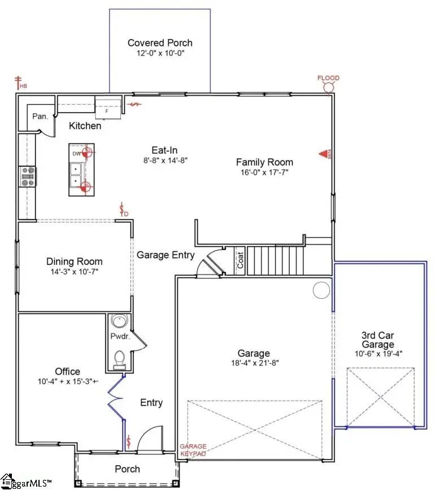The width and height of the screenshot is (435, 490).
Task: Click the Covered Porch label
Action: click(x=160, y=43)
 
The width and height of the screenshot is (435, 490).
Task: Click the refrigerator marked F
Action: click(x=107, y=108)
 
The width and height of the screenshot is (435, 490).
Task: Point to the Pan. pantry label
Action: click(x=39, y=115)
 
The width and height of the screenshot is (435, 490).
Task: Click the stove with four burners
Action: click(x=28, y=177)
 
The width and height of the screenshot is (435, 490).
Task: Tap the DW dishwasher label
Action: click(x=76, y=153)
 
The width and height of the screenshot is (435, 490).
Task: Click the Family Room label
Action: click(x=264, y=162)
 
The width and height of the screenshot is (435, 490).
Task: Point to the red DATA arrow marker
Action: click(x=324, y=153)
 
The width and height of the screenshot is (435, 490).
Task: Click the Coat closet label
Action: click(x=240, y=261)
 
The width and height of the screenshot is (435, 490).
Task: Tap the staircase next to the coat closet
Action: click(x=276, y=260)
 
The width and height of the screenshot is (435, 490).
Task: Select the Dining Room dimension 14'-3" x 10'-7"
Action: click(x=75, y=272)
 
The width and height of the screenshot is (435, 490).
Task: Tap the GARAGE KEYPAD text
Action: click(x=193, y=450)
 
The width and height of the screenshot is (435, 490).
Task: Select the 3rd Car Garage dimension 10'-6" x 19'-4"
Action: click(x=377, y=354)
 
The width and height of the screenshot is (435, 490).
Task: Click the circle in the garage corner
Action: click(x=321, y=290)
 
